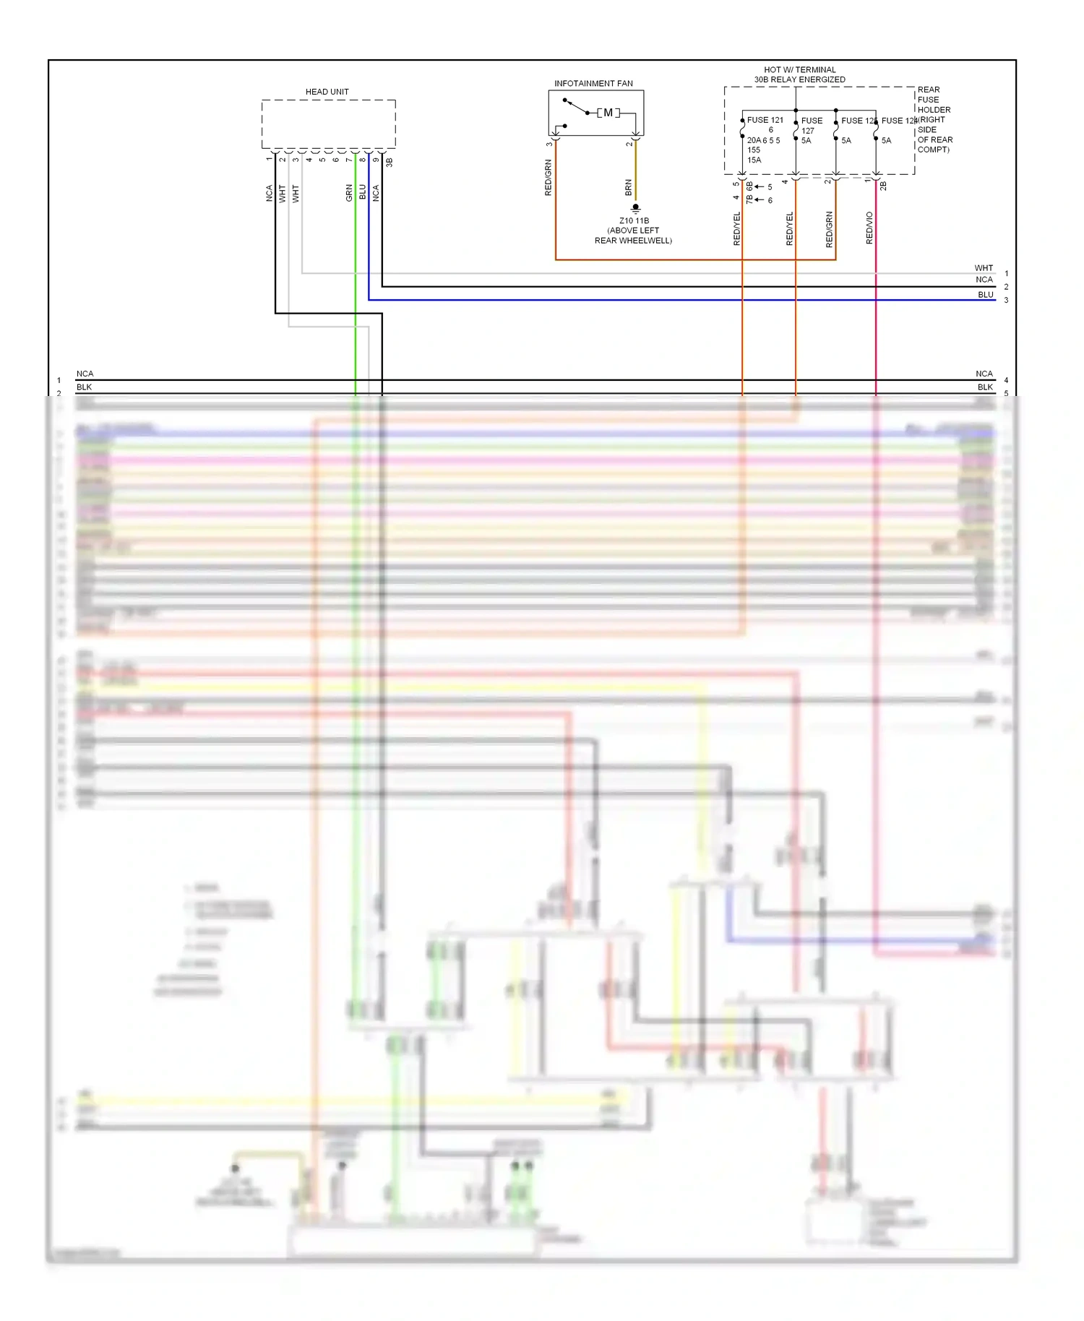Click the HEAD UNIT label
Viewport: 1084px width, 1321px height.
point(327,92)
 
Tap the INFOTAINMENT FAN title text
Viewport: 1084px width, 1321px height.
point(593,83)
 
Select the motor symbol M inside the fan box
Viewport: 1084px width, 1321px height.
point(608,113)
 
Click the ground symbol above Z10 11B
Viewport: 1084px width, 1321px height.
point(635,208)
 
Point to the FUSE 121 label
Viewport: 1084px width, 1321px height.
point(765,120)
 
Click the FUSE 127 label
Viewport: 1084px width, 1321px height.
point(811,125)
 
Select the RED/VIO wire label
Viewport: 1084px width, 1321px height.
point(869,228)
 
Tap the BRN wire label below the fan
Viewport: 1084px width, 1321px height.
point(628,188)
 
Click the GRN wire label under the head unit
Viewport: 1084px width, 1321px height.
point(349,193)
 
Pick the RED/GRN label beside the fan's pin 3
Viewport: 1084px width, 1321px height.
point(548,178)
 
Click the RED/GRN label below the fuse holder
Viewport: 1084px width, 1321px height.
point(829,230)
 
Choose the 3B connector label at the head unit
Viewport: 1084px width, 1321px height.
point(389,163)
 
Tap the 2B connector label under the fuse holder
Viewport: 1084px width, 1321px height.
point(883,186)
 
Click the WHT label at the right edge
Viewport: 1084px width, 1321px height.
point(984,268)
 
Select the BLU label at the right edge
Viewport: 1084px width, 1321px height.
point(985,295)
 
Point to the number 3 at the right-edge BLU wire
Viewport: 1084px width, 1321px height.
point(1006,300)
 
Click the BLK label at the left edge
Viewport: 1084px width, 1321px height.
point(84,387)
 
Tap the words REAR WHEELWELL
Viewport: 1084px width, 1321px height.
point(633,241)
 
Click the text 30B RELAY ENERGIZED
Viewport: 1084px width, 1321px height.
point(799,79)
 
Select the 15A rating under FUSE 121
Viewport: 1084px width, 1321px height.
point(754,160)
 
